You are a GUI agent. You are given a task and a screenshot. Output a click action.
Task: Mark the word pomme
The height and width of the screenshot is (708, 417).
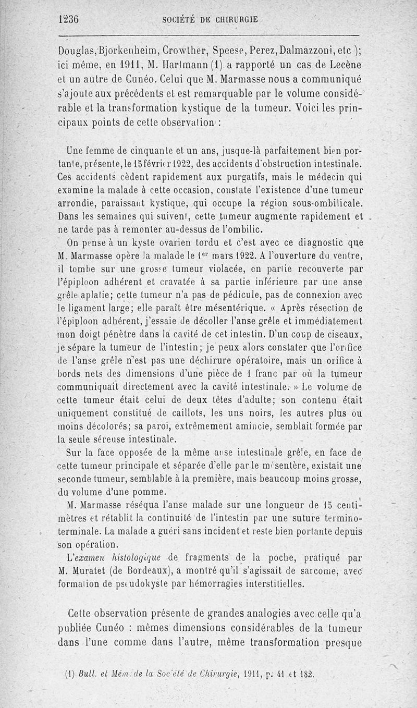(x=152, y=492)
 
